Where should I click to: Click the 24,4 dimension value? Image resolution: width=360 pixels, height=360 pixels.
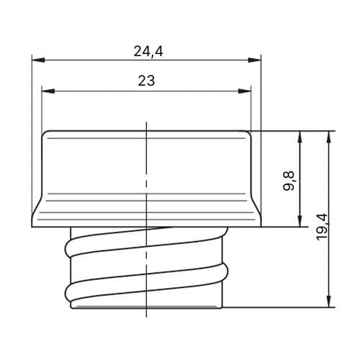point(148,51)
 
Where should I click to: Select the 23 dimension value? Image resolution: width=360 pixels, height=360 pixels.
point(146,81)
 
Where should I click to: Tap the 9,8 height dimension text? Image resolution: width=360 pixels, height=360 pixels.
point(289,181)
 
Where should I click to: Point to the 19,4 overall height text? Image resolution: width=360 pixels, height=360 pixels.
point(323,227)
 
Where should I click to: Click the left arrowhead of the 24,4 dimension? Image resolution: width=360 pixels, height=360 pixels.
point(38,60)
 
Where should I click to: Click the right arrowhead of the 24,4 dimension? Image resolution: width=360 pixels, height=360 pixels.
point(254,60)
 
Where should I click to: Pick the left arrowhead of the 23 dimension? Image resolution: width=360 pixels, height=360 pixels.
point(48,91)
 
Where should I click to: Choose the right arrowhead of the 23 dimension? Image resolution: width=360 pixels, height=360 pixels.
point(245,91)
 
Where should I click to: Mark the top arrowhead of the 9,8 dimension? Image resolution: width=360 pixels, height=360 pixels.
point(300,138)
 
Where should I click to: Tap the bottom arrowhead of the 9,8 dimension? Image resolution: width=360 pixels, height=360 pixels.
point(300,220)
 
